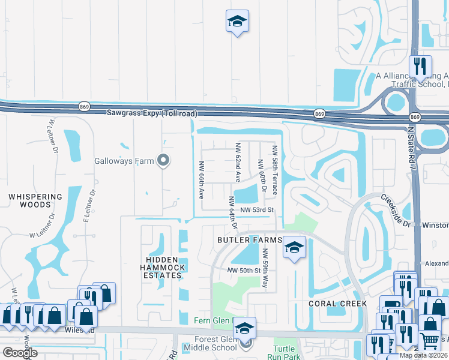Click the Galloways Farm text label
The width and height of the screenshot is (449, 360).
tap(124, 161)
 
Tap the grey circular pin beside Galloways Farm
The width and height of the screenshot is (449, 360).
tap(163, 160)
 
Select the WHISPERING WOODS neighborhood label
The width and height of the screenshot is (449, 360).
tap(35, 200)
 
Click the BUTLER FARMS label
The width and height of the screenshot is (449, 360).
tap(250, 240)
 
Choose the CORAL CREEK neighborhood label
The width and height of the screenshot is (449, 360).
tap(337, 304)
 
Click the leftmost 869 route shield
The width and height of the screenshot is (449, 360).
tap(83, 107)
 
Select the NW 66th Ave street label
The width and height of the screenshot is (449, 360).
tap(202, 181)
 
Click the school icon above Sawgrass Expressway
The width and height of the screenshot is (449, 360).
tap(237, 22)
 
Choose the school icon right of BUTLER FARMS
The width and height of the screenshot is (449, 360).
tap(294, 247)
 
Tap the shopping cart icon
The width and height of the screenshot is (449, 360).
tap(429, 341)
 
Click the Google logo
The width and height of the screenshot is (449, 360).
tap(20, 353)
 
